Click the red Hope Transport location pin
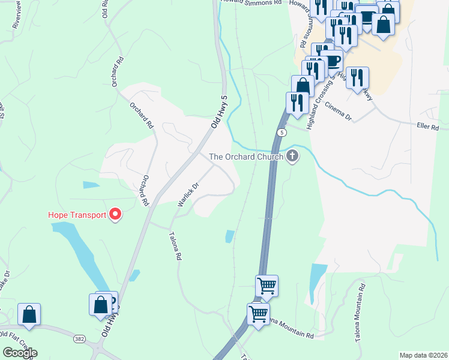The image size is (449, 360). pos(114,214)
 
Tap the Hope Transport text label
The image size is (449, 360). pos(77,214)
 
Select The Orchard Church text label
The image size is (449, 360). pos(246,157)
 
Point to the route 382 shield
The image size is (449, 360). pos(79,339)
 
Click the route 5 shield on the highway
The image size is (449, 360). pos(281,131)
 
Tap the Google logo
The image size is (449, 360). pos(19,352)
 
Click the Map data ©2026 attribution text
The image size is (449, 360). pos(423,355)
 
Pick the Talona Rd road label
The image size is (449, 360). pos(173,247)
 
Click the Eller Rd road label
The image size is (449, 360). pos(428,128)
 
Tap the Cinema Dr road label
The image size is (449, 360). pos(338,111)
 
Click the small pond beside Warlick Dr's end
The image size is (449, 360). pos(229,236)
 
